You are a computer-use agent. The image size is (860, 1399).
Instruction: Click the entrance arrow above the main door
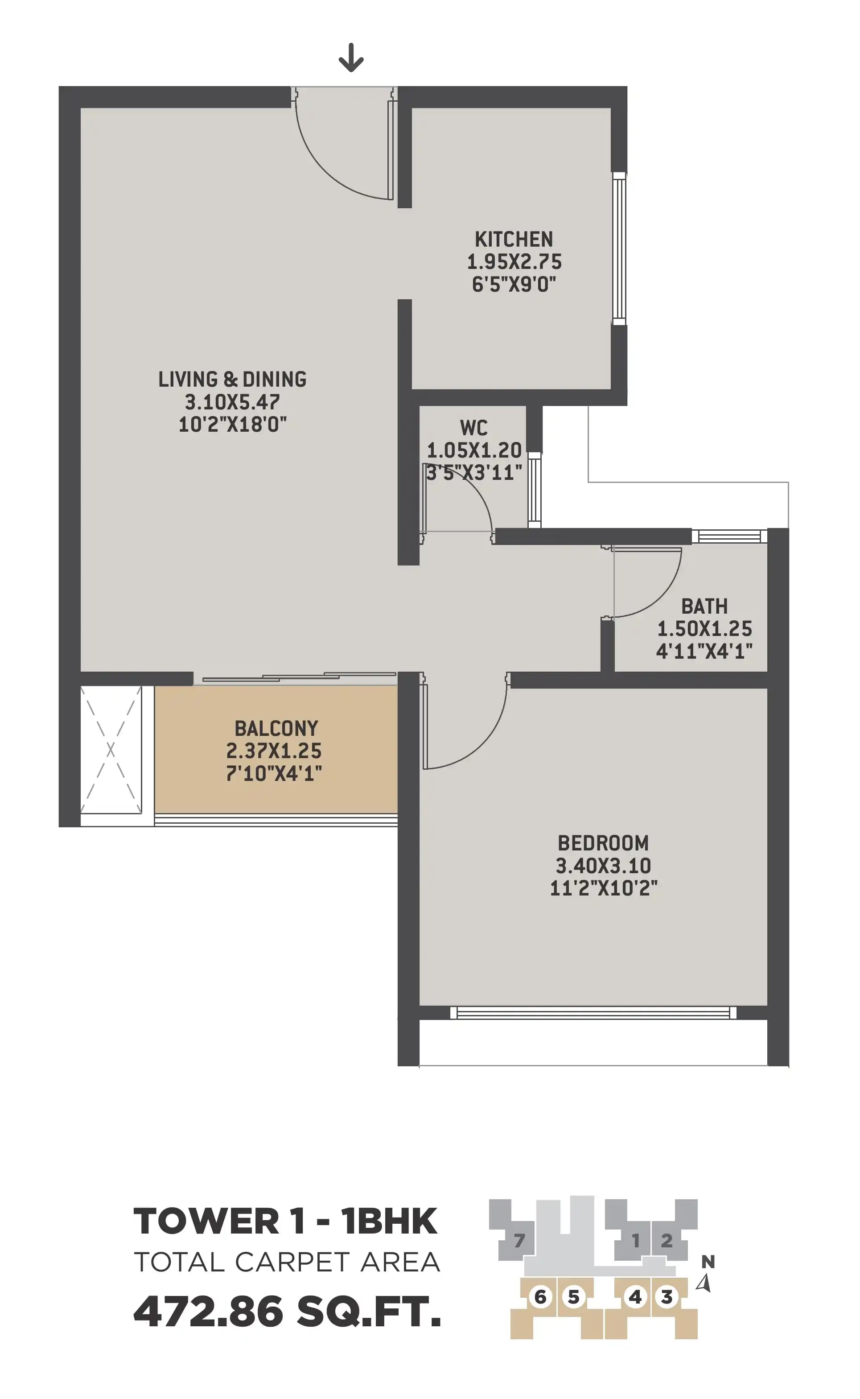tap(351, 58)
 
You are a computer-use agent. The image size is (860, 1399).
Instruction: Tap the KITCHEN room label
tap(514, 239)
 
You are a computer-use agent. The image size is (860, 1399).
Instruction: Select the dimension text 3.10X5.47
tap(232, 402)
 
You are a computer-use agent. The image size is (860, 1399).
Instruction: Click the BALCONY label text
tap(276, 728)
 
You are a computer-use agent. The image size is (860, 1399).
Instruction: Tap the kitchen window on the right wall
tap(619, 248)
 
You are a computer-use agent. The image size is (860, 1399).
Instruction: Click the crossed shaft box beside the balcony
tap(111, 750)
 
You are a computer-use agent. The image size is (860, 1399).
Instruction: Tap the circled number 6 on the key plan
tap(540, 1297)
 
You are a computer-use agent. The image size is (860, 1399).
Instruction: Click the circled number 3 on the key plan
tap(666, 1297)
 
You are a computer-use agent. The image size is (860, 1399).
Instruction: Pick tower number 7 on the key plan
tap(519, 1240)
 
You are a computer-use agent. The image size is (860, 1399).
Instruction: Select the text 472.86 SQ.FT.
tap(287, 1312)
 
